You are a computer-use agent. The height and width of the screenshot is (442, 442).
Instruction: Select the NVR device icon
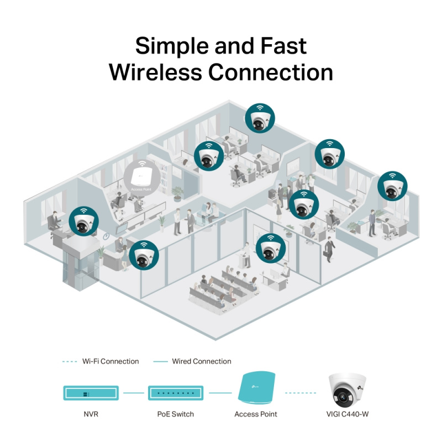(x=90, y=393)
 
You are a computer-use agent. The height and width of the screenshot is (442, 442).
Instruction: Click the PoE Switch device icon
(x=175, y=393)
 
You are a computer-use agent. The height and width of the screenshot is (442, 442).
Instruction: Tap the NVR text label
(x=90, y=414)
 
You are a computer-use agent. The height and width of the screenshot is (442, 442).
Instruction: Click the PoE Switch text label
(x=175, y=414)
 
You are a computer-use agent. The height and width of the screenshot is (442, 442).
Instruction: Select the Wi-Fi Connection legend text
(x=110, y=361)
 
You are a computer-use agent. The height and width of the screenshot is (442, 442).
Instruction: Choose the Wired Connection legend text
(x=202, y=361)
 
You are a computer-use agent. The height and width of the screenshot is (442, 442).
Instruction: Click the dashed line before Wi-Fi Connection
(x=69, y=361)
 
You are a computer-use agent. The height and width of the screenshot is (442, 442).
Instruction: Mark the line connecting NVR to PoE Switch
(x=133, y=393)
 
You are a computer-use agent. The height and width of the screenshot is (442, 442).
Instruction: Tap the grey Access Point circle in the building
(x=142, y=176)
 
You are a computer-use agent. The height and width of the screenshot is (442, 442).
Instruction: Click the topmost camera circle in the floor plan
(x=260, y=118)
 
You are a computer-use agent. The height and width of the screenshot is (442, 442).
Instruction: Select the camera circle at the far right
(x=392, y=186)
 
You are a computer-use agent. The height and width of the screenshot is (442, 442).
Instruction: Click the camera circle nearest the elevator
(x=84, y=222)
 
